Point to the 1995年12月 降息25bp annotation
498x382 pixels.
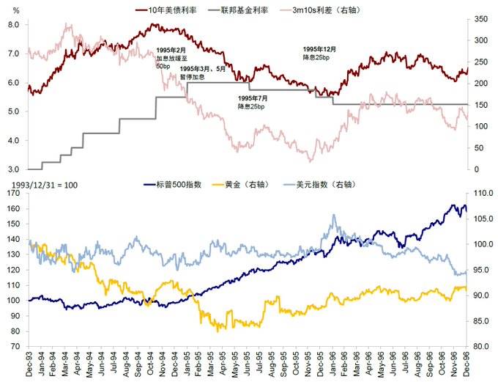click(x=319, y=53)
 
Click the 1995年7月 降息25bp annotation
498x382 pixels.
click(x=253, y=102)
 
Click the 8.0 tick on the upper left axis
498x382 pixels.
click(x=13, y=24)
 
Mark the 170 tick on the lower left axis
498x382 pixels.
click(x=12, y=194)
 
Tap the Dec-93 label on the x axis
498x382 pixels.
click(x=29, y=363)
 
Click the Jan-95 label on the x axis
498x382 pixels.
click(x=187, y=363)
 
